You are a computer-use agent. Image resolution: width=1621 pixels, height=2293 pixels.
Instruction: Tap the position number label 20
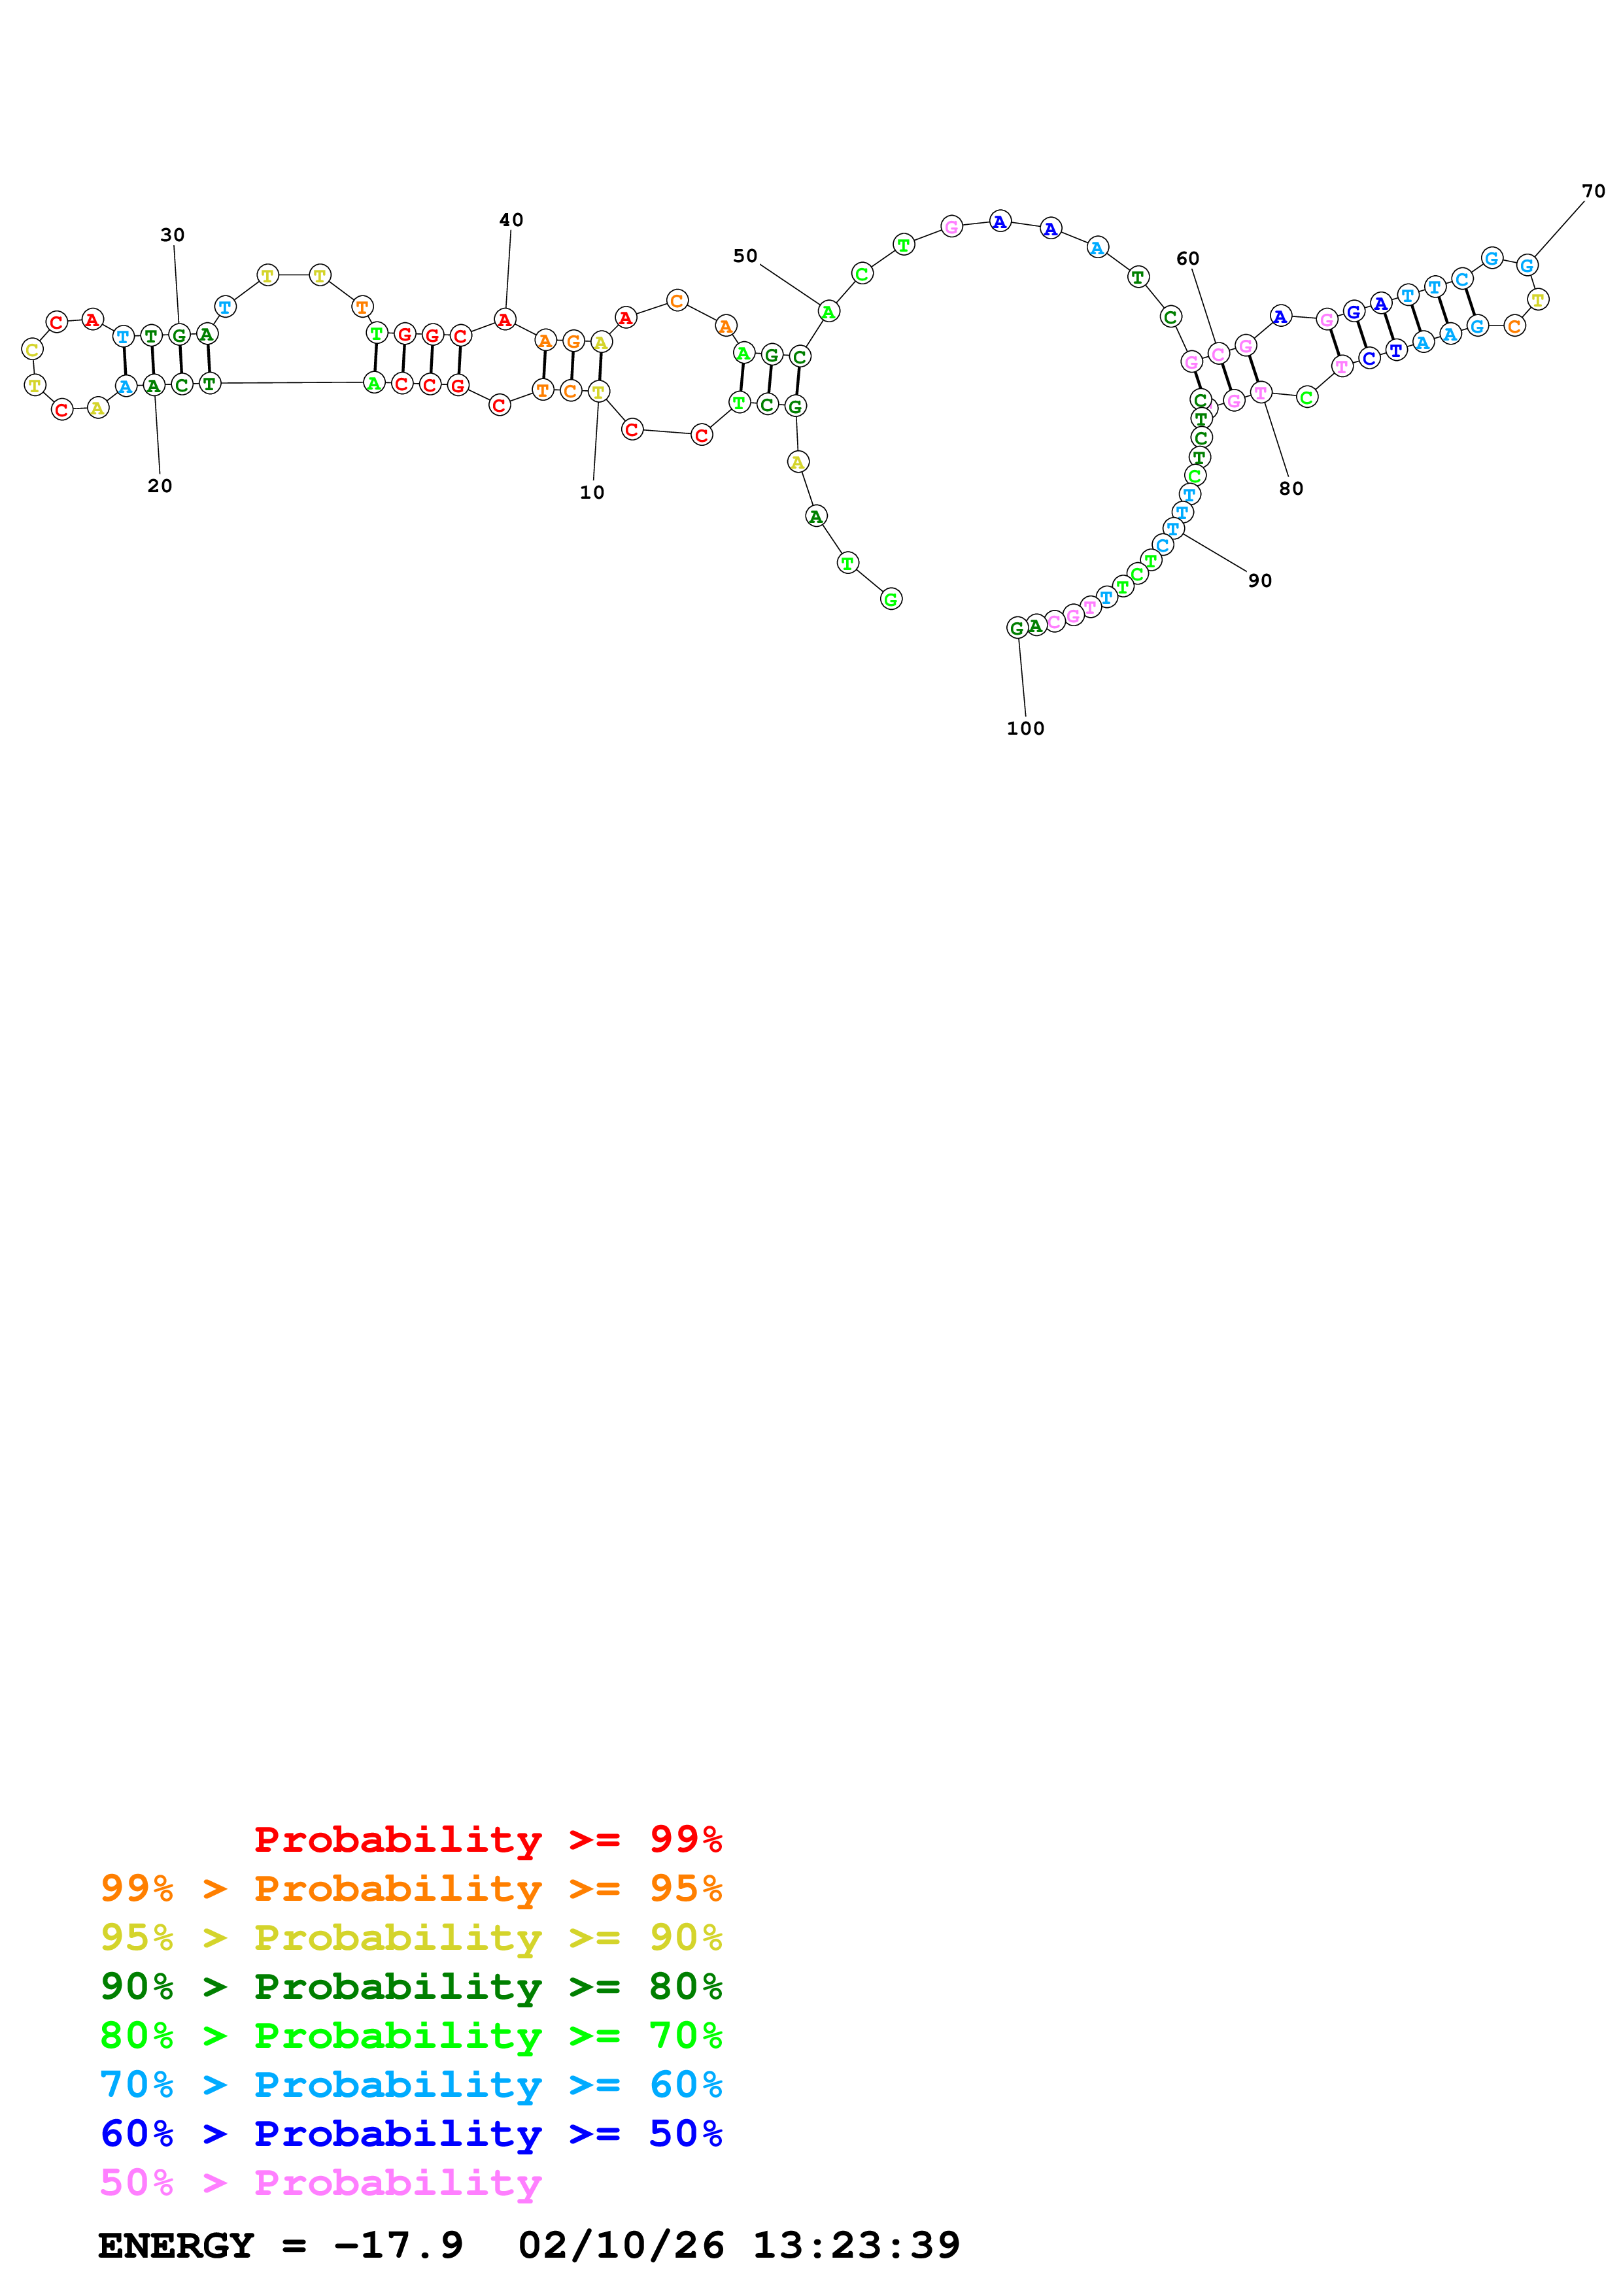[x=160, y=486]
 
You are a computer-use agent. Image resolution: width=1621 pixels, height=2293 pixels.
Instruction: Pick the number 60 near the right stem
[x=1187, y=259]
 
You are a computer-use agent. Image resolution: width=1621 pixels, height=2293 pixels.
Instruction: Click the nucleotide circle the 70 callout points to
[x=1526, y=265]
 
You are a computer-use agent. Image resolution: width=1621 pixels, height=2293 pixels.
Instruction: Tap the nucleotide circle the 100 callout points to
[x=1017, y=628]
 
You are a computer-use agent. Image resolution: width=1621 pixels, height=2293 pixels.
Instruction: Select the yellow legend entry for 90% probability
[x=411, y=1937]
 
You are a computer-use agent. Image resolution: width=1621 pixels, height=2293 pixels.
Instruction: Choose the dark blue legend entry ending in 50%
[x=411, y=2134]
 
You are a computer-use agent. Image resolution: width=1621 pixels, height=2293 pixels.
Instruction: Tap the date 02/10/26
[x=621, y=2246]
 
